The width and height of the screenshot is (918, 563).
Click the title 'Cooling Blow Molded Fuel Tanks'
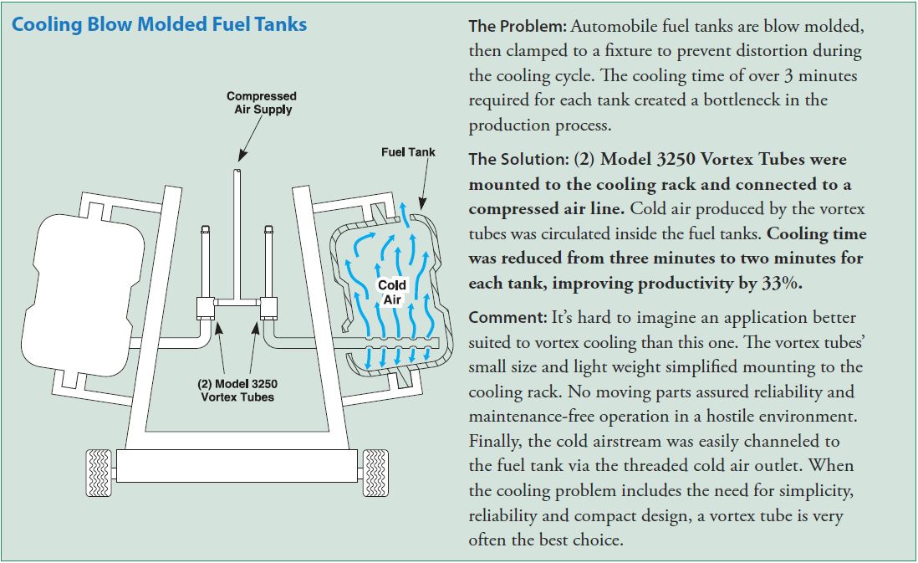pyautogui.click(x=159, y=24)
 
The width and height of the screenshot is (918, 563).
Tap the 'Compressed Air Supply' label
pyautogui.click(x=261, y=103)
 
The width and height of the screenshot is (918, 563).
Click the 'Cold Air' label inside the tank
pyautogui.click(x=392, y=291)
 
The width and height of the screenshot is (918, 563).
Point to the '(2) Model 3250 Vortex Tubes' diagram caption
pyautogui.click(x=237, y=390)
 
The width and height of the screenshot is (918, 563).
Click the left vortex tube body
pyautogui.click(x=206, y=307)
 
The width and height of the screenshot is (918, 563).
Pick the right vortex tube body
pyautogui.click(x=270, y=307)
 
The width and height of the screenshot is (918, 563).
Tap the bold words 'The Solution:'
pyautogui.click(x=518, y=159)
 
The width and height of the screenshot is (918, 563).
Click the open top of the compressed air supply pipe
pyautogui.click(x=238, y=171)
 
